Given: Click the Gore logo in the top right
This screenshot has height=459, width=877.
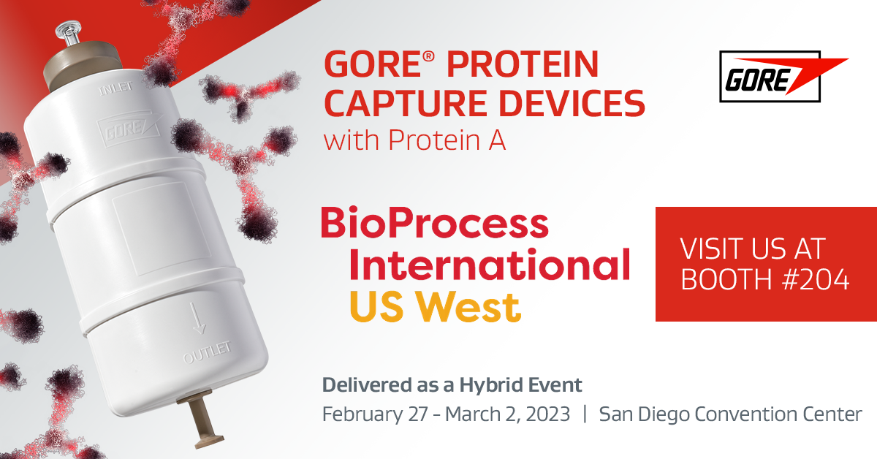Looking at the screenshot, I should pos(782,77).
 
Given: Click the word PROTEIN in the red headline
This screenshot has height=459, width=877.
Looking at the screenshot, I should pos(523,66).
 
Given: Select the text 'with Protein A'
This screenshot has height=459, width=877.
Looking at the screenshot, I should pos(414,140).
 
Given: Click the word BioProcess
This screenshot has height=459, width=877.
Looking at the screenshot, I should pos(434,223).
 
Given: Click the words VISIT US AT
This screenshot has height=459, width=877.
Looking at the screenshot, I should pos(752,249).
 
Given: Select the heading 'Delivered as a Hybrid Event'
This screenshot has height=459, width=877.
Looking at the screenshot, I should pos(452,385).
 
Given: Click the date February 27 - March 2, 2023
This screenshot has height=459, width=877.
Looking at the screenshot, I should pos(446,414).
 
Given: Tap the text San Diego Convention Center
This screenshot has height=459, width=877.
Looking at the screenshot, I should pos(730,414).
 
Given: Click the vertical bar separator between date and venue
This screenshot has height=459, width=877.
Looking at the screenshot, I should pos(585,414).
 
